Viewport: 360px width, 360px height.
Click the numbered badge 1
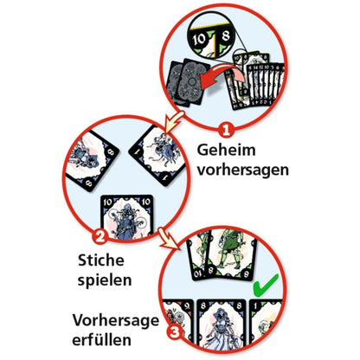pos(226,130)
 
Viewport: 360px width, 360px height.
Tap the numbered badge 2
pos(100,237)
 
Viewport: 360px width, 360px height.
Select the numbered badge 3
pos(174,332)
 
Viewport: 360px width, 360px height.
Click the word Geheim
pos(226,151)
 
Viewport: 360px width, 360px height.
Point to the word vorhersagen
pos(243,170)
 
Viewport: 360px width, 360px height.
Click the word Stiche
pos(101,260)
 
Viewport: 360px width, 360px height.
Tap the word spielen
pos(105,280)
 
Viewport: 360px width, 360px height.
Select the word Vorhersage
pos(116,320)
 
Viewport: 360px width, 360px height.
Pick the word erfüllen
pos(101,339)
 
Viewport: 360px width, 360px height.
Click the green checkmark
pos(265,286)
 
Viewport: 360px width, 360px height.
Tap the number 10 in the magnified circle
pos(199,39)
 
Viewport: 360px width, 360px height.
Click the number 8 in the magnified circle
pos(226,35)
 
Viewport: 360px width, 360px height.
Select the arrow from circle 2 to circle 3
pos(169,238)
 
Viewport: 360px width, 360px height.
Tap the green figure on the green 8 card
pos(230,248)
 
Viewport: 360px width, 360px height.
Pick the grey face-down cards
pos(188,81)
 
